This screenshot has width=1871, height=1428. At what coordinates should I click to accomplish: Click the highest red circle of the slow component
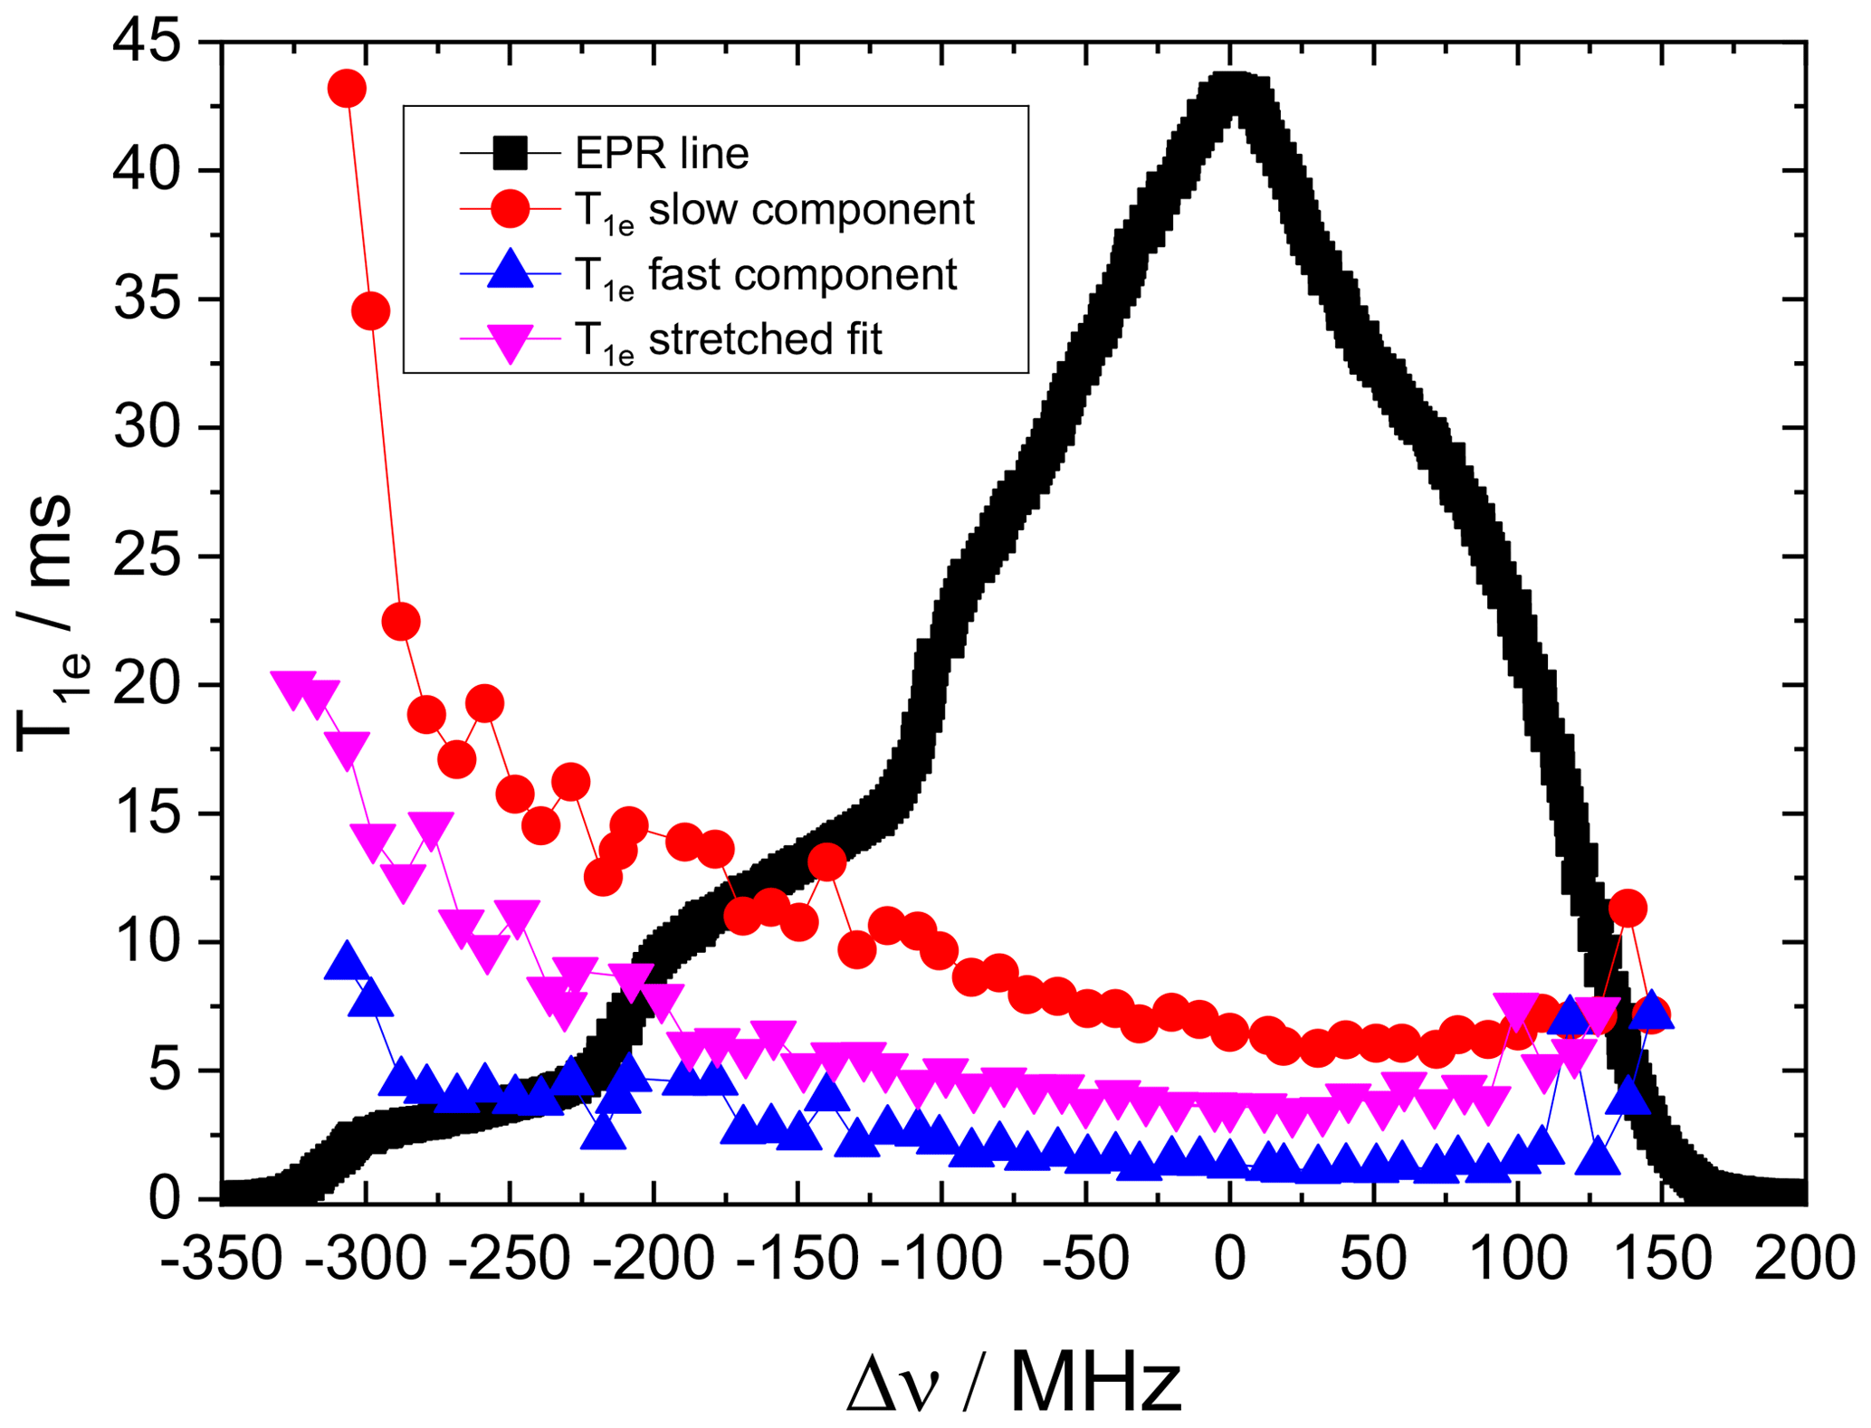tap(347, 89)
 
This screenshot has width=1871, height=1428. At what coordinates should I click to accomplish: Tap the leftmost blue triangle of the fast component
tap(346, 962)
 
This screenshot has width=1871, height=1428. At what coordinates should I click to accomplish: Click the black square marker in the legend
tap(510, 153)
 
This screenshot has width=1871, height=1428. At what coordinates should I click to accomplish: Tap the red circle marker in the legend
tap(510, 209)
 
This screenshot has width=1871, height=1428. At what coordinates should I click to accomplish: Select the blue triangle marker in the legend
tap(511, 271)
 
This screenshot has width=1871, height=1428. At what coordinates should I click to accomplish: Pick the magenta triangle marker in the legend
tap(511, 341)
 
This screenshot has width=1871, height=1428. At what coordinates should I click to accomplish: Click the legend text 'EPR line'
tap(662, 154)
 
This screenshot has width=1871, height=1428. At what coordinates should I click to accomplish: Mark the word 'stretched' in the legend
tap(734, 339)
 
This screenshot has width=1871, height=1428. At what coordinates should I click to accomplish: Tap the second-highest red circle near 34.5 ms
tap(370, 311)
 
